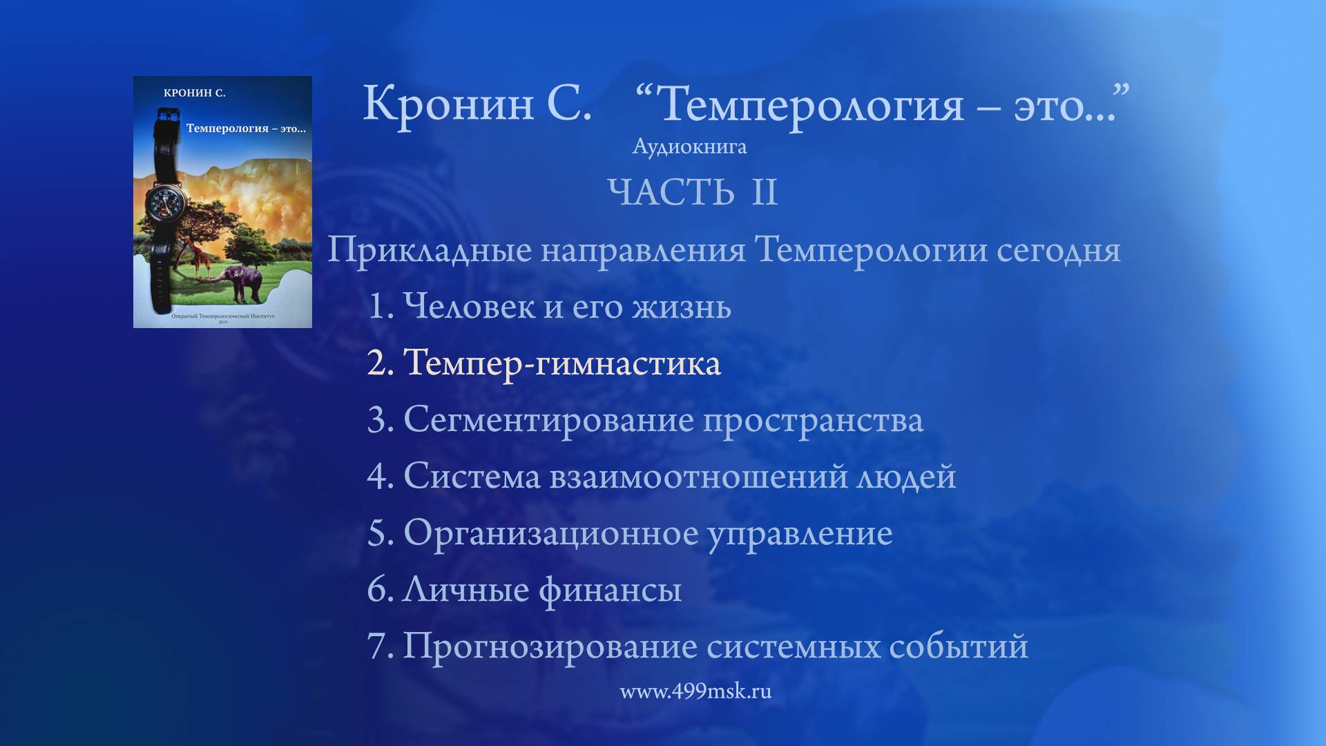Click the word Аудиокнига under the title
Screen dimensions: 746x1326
(x=689, y=146)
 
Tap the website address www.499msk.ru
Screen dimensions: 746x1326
(x=695, y=691)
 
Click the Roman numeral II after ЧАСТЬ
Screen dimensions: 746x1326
(x=764, y=192)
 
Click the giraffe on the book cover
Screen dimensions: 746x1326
(x=199, y=259)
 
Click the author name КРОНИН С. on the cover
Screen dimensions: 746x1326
(x=195, y=93)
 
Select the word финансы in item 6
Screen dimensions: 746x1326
(x=610, y=590)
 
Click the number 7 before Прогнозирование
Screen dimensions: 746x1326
(x=378, y=647)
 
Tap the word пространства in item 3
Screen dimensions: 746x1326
(x=813, y=420)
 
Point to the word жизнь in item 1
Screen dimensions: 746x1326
(x=681, y=307)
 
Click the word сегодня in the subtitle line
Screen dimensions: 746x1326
(x=1058, y=250)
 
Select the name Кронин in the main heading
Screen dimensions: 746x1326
(x=448, y=104)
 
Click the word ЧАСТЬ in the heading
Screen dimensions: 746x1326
(x=671, y=192)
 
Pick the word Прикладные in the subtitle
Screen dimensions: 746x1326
(x=429, y=250)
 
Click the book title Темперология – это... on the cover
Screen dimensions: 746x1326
(x=245, y=128)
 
